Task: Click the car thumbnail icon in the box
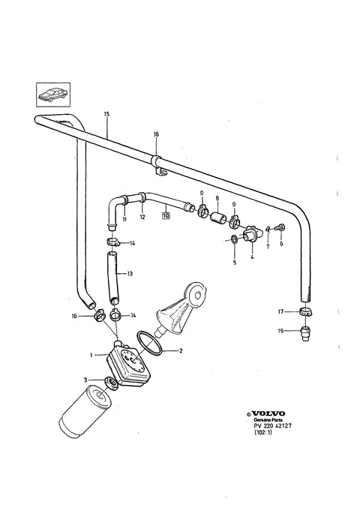(52, 95)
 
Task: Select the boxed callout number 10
(166, 216)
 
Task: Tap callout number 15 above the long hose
(107, 114)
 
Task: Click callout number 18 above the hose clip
(156, 134)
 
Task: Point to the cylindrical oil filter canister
(85, 412)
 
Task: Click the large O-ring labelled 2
(149, 344)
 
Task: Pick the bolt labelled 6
(281, 227)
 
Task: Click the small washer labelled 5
(235, 239)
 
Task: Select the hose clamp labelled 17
(307, 311)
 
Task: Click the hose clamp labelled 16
(100, 315)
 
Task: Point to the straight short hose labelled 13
(112, 277)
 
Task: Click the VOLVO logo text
(268, 413)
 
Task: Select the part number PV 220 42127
(273, 425)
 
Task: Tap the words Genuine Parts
(268, 420)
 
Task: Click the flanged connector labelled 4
(251, 234)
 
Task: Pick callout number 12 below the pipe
(142, 217)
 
